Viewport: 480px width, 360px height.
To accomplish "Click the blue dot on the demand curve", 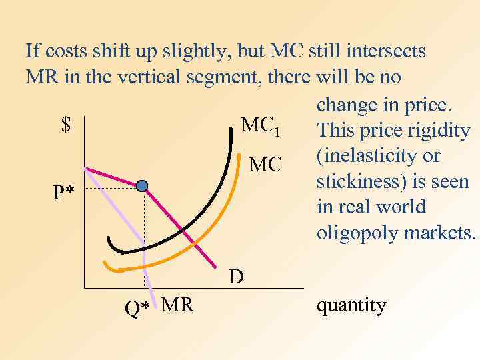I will (x=142, y=186).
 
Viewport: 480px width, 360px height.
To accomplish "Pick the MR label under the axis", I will (x=177, y=305).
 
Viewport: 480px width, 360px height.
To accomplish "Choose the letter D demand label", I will (x=236, y=276).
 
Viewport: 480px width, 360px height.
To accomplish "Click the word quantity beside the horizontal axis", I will (x=351, y=306).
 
